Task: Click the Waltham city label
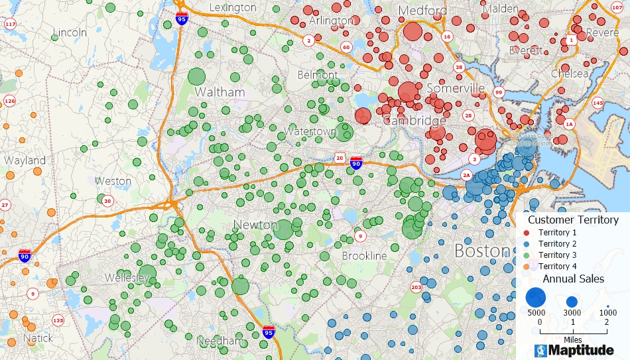click(220, 92)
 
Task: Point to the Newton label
click(255, 225)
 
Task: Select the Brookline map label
click(364, 255)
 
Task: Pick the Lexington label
click(232, 7)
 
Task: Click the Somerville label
click(456, 88)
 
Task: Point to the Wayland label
click(25, 160)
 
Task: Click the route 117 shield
click(10, 24)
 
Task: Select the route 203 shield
click(416, 287)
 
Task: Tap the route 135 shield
click(58, 321)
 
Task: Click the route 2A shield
click(466, 175)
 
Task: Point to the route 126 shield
click(9, 101)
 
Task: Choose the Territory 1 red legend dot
click(527, 233)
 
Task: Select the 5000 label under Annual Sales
click(536, 312)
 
